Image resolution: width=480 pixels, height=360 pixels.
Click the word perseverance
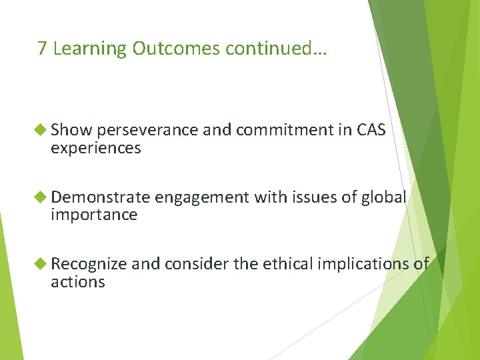(x=141, y=131)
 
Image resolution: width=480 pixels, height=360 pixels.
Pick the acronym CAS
(x=371, y=131)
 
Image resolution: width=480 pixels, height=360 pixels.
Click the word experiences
(x=95, y=148)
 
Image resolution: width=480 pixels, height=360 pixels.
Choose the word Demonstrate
(x=101, y=197)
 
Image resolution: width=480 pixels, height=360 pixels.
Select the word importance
(x=94, y=215)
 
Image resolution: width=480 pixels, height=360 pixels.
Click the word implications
(x=359, y=265)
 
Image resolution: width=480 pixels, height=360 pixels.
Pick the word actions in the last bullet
(x=77, y=282)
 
